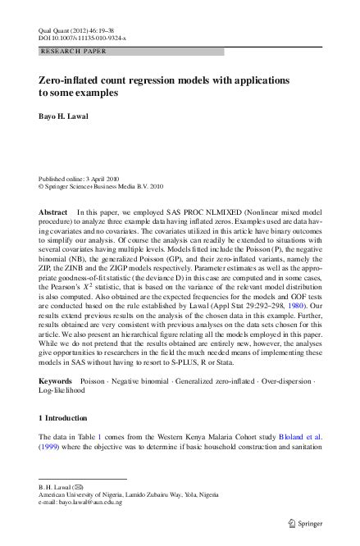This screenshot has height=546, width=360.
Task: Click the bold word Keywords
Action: tap(57, 382)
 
